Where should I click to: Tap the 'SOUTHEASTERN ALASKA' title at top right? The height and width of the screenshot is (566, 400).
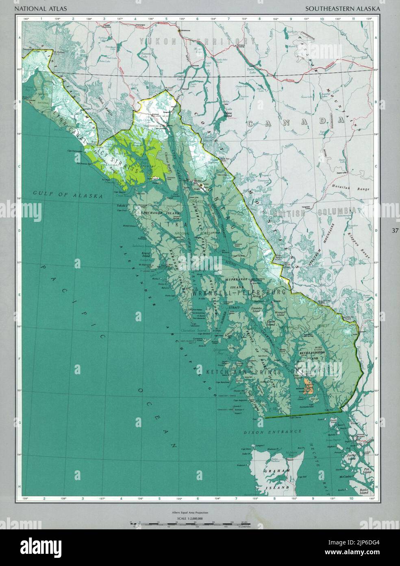click(x=343, y=8)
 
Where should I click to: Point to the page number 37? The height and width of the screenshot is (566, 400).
click(x=395, y=231)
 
